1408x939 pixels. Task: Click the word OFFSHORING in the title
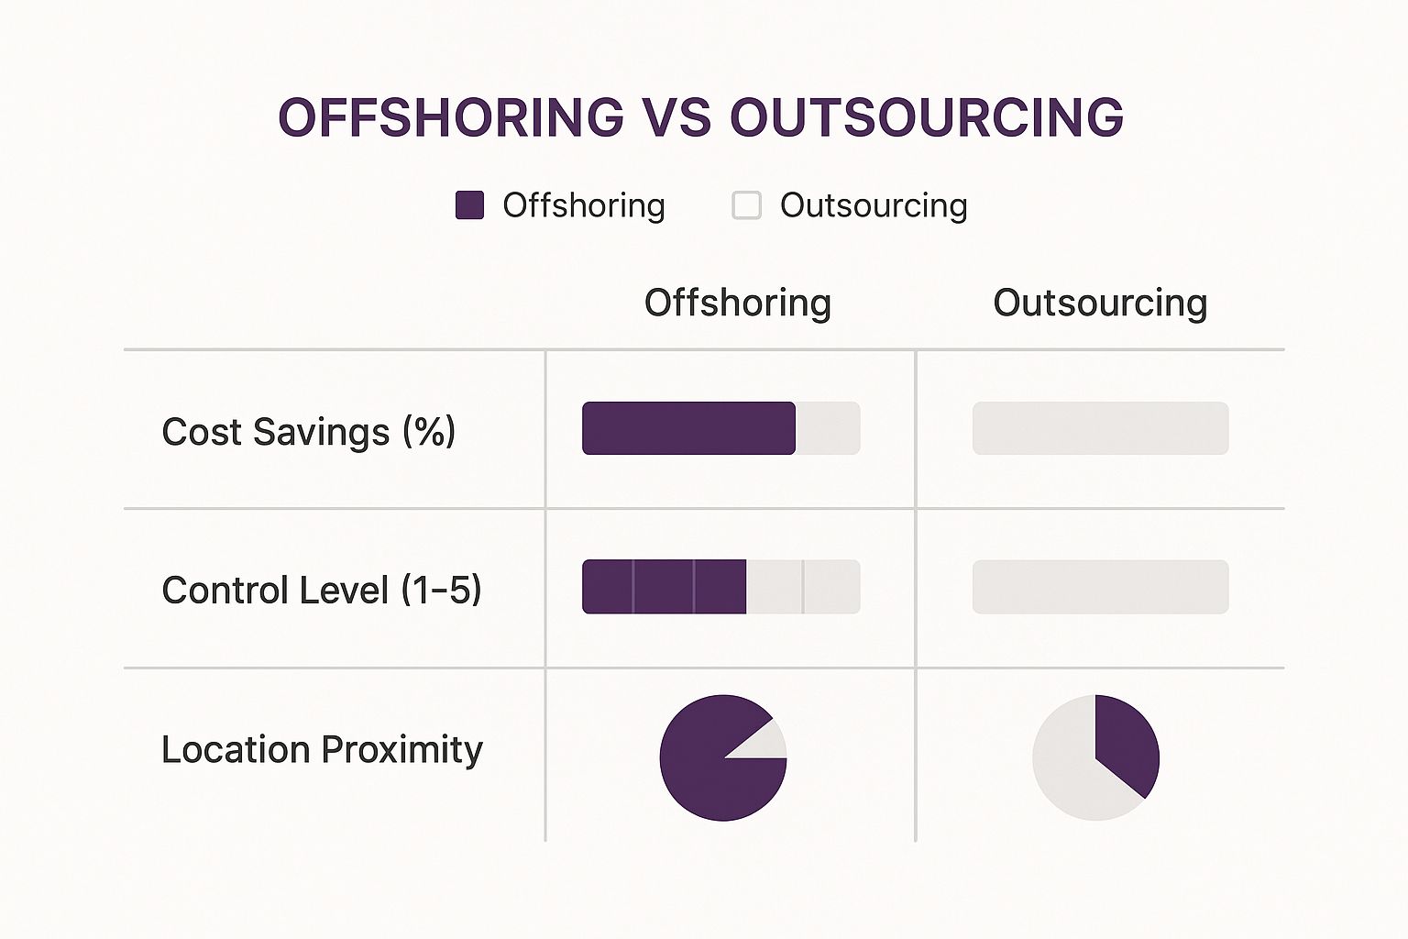(451, 117)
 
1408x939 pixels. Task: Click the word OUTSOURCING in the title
(927, 117)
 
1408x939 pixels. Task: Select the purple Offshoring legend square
(469, 205)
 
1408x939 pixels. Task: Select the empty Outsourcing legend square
(746, 205)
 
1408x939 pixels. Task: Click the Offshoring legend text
(584, 205)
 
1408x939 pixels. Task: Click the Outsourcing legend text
(874, 205)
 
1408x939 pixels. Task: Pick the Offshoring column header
(737, 303)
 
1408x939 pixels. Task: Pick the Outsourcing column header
(1100, 303)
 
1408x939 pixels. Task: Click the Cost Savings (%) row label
(309, 431)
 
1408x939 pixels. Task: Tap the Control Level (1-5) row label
(321, 590)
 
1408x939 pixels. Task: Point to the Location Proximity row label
(322, 749)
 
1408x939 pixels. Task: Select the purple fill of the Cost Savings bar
(688, 428)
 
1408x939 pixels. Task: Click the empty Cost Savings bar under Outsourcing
(1100, 428)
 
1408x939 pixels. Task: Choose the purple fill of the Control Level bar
(664, 587)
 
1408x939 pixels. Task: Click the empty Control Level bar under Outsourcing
(1100, 587)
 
